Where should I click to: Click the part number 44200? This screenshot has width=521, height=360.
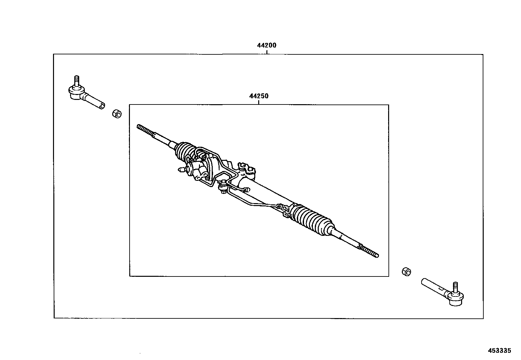click(266, 46)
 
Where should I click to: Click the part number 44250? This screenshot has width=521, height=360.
click(259, 96)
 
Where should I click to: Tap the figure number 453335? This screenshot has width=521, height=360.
click(499, 351)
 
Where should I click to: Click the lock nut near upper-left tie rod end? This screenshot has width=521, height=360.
click(117, 114)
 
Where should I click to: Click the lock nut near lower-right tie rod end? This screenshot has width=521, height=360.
click(406, 272)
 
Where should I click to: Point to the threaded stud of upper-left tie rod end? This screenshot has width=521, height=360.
click(76, 81)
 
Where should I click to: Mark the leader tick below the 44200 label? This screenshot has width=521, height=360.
click(266, 52)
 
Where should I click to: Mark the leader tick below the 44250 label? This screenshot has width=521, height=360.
click(259, 102)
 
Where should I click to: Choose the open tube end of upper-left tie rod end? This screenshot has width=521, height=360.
click(102, 105)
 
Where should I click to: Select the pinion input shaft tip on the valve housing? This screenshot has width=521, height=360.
click(181, 170)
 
